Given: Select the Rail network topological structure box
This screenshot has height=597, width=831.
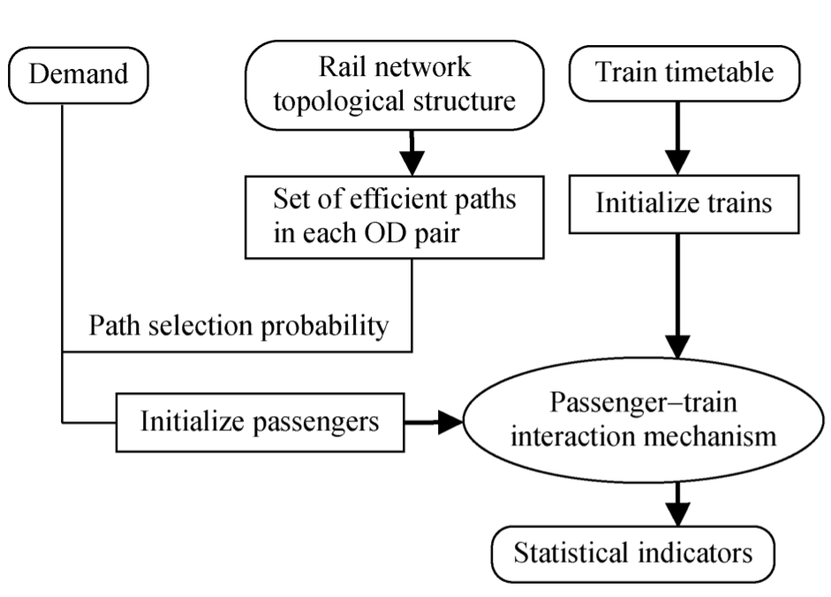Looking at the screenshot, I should tap(394, 86).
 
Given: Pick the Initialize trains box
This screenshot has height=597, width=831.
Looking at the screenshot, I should tap(684, 203).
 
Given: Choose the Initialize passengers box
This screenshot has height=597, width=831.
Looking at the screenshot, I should tap(260, 421).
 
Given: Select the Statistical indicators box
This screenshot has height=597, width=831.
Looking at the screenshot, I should tap(633, 554).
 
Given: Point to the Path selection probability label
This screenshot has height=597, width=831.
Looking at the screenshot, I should tap(238, 327).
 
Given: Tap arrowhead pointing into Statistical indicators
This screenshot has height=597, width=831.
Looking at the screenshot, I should tap(677, 513).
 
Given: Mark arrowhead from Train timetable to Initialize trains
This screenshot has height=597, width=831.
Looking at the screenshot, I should tap(677, 163).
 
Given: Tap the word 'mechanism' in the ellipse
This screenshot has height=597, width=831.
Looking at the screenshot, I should tap(712, 437).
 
